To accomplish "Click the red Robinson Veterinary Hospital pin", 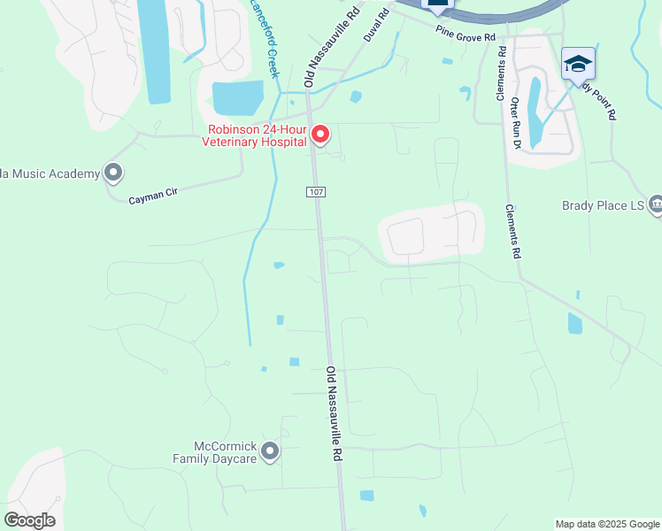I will coord(320,135).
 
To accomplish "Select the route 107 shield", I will coord(316,192).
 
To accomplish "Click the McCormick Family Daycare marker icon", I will coord(271,451).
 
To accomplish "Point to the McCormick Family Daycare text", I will coord(215,452).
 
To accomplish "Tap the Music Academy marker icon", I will coord(112,173).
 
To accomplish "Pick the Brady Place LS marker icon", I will coord(656,204).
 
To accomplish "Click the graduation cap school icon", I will coord(578,64).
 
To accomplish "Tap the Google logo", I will coord(29,520).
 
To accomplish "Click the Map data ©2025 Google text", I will coord(607,524).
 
